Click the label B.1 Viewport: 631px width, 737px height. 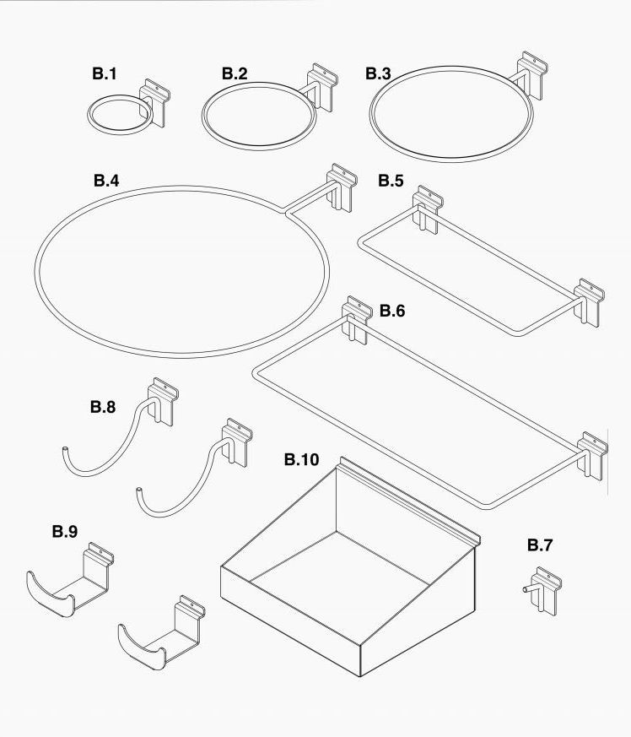(x=104, y=73)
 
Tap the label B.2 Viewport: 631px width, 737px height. (x=235, y=73)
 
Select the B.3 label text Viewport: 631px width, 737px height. (x=378, y=73)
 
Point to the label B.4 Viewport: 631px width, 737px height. (x=106, y=181)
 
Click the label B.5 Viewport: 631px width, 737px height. (x=391, y=181)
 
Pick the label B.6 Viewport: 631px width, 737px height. (x=392, y=311)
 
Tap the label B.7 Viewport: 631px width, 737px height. (x=540, y=545)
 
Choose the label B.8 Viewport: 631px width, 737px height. (x=103, y=407)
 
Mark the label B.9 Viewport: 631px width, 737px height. (x=65, y=532)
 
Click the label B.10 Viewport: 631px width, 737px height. (x=302, y=459)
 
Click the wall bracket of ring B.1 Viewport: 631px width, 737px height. (x=154, y=103)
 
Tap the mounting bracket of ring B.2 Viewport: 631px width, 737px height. (x=322, y=88)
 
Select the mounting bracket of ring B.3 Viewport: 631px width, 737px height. (x=532, y=75)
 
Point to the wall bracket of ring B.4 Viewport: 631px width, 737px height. (x=342, y=187)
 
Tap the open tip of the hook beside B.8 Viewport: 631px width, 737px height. (x=64, y=450)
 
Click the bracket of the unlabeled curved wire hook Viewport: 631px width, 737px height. (x=237, y=442)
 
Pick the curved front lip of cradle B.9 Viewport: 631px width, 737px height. (x=51, y=594)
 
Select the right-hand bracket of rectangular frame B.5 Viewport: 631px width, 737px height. (x=589, y=303)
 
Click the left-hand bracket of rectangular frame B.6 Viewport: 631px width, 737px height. (x=358, y=321)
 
